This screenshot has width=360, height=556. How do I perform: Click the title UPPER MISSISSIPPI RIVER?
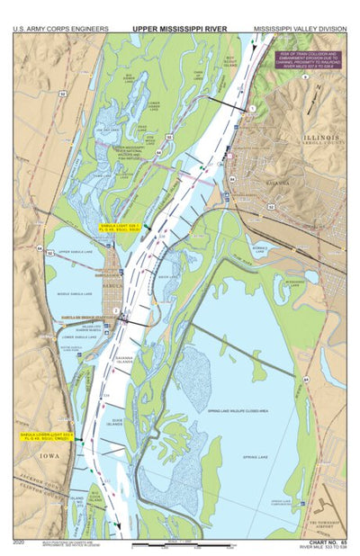180,29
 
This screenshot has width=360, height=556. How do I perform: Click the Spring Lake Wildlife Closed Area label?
237,410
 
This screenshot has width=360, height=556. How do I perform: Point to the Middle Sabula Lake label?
76,294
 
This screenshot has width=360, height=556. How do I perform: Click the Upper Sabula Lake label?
76,253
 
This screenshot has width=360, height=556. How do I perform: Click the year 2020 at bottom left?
19,543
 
